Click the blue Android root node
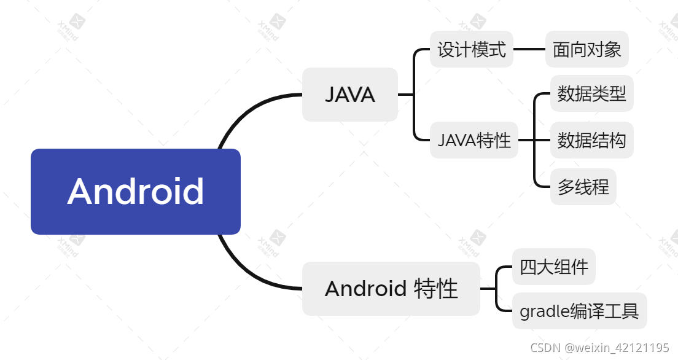click(x=135, y=191)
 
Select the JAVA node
click(x=349, y=95)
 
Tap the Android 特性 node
click(x=391, y=288)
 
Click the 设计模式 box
click(x=471, y=49)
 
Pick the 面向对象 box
click(x=586, y=49)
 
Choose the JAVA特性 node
click(x=473, y=140)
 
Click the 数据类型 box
click(x=591, y=94)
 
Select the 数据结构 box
click(x=591, y=140)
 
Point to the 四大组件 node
click(x=553, y=267)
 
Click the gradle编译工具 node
click(x=579, y=311)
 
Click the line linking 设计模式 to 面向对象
click(x=529, y=49)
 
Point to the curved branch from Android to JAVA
click(x=246, y=110)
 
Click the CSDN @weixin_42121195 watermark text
click(x=599, y=348)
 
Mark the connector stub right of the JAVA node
click(x=406, y=95)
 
